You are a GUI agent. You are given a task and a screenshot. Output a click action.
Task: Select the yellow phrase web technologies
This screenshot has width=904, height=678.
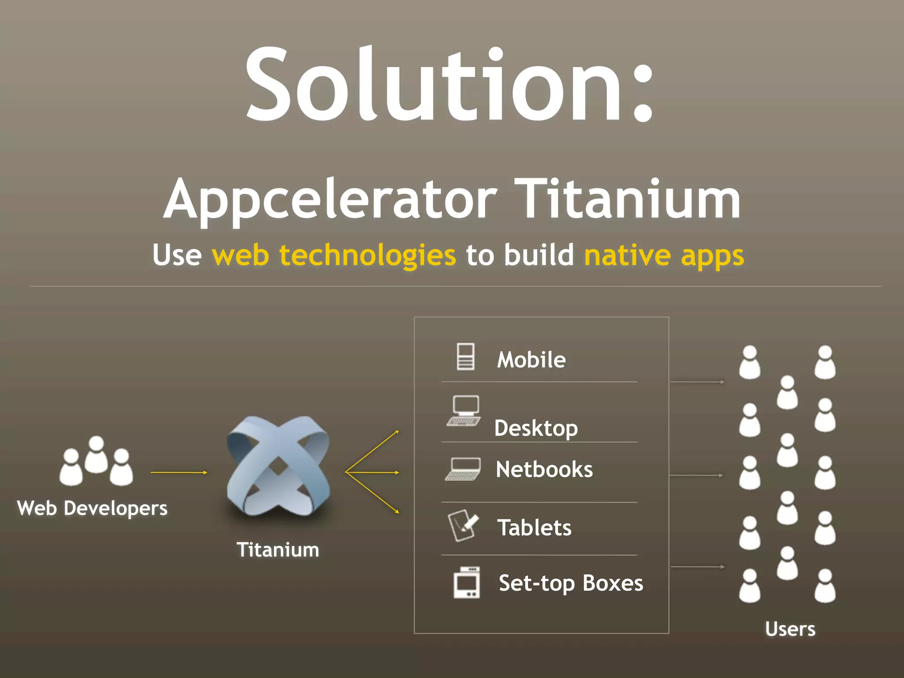[x=334, y=255]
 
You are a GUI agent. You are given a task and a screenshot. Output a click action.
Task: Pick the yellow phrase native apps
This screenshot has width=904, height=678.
[x=664, y=255]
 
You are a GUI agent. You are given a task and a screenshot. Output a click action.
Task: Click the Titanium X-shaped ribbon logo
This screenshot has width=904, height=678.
[x=278, y=466]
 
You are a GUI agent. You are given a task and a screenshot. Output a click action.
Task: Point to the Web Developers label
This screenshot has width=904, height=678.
[x=92, y=508]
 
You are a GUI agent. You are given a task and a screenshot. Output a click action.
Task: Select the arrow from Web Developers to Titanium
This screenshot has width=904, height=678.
[x=179, y=472]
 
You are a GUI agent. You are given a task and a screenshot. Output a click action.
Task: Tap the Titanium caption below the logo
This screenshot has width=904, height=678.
[x=278, y=550]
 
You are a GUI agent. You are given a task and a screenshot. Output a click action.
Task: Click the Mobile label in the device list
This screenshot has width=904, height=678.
[x=531, y=360]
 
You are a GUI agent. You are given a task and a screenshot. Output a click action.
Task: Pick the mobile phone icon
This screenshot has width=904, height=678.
[x=465, y=357]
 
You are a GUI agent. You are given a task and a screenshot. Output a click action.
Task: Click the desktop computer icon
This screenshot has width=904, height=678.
[x=464, y=411]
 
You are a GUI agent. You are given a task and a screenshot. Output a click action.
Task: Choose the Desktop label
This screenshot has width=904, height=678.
[x=536, y=428]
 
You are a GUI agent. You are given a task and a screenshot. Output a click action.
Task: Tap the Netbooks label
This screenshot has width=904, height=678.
[x=544, y=469]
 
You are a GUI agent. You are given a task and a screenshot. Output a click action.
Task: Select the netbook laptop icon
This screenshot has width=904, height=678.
[x=463, y=469]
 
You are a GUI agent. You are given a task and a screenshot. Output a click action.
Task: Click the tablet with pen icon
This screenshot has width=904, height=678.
[x=463, y=525]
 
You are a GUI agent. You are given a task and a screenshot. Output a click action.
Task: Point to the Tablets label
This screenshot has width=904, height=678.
[x=534, y=527]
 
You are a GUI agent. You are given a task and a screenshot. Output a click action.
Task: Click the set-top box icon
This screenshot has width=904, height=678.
[x=467, y=583]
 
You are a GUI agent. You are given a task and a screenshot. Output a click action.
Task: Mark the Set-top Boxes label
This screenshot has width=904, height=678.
[x=571, y=583]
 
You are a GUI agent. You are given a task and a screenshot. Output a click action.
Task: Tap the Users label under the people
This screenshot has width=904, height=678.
[x=790, y=629]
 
